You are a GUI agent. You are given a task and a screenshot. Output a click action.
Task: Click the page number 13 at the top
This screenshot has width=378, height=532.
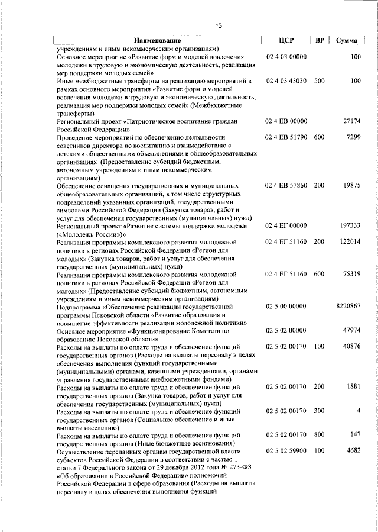coord(218,25)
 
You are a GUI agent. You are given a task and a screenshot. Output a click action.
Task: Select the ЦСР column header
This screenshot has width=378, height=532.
coord(285,41)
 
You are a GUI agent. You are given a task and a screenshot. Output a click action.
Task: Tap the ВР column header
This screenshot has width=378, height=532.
coord(319,41)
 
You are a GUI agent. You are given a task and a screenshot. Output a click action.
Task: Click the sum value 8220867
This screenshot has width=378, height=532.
coord(348,307)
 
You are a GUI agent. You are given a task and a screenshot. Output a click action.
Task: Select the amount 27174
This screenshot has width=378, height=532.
coord(351,121)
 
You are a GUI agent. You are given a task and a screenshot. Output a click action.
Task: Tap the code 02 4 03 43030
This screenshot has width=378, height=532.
coord(286,80)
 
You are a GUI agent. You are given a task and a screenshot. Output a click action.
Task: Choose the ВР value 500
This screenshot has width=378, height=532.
coord(319,80)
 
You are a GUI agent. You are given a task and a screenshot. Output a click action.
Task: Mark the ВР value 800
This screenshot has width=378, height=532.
coord(319,435)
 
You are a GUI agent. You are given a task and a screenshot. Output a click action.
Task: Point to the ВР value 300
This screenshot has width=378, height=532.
coord(319,411)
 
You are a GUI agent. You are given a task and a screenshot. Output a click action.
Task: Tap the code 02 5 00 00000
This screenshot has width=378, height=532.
coord(286,307)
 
